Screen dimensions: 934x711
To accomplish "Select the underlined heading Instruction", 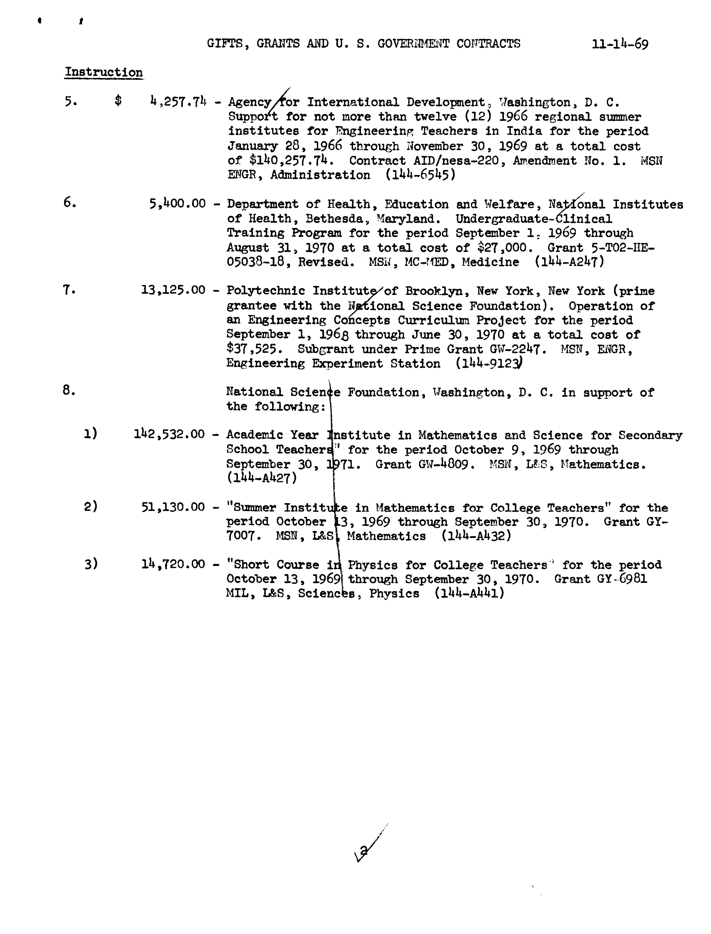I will tap(104, 72).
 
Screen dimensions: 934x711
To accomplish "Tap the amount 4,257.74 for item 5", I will tap(178, 102).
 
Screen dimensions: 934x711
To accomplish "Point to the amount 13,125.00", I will tap(173, 290).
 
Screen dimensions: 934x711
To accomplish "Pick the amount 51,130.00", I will tap(173, 507).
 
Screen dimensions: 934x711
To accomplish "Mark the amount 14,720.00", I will tap(173, 564).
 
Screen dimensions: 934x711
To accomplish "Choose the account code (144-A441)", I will tap(469, 593).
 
